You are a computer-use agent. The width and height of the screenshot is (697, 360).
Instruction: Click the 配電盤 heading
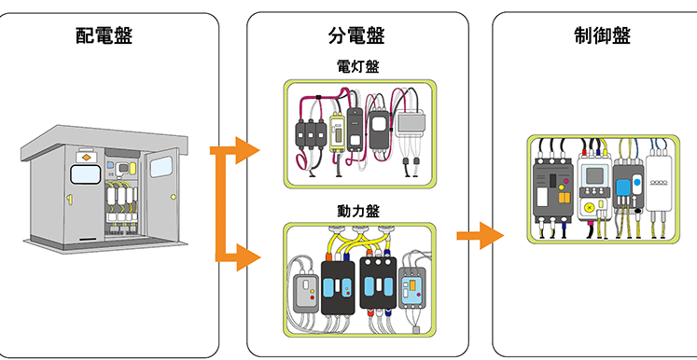[x=104, y=36]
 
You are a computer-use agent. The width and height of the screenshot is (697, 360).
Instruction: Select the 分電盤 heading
[x=356, y=36]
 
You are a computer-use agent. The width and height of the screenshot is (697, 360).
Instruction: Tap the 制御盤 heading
[x=602, y=35]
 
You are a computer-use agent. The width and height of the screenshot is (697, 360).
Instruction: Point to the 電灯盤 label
[x=358, y=66]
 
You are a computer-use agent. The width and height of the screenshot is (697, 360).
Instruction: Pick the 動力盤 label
[x=358, y=211]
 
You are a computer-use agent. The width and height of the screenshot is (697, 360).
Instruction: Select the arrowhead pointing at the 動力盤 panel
[x=247, y=257]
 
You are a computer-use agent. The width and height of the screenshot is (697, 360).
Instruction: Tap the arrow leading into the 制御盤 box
[x=481, y=236]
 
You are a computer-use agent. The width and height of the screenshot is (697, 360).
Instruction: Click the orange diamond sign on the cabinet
[x=85, y=158]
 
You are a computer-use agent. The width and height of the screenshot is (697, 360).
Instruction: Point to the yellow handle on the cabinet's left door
[x=69, y=199]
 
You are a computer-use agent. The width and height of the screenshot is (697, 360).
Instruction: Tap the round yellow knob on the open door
[x=173, y=196]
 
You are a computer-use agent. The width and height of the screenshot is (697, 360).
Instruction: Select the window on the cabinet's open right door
[x=160, y=167]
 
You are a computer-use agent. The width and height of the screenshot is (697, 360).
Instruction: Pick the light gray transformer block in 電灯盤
[x=411, y=126]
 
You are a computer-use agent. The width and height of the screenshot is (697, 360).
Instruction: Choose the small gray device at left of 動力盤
[x=307, y=292]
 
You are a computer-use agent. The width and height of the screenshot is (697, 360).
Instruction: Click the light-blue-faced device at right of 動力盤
[x=412, y=288]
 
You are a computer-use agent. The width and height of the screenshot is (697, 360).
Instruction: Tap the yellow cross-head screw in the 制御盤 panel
[x=591, y=207]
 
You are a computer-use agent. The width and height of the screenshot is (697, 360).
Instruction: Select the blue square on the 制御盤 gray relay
[x=623, y=187]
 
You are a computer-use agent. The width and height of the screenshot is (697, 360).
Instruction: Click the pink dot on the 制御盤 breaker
[x=565, y=181]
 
